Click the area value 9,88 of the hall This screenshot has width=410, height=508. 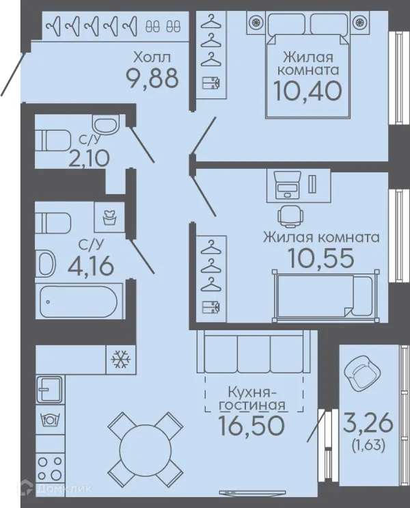[x=152, y=79]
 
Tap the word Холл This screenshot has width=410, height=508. [x=152, y=57]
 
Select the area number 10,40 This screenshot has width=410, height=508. [x=307, y=91]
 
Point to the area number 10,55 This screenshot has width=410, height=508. [x=320, y=258]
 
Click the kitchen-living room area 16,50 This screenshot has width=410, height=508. [x=251, y=425]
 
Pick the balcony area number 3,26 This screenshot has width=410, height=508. [x=368, y=423]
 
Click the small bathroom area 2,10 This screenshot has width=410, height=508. [x=89, y=158]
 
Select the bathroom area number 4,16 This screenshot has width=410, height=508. [x=91, y=266]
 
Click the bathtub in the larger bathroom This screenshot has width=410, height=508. [x=79, y=302]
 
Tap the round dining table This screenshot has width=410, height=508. [x=145, y=448]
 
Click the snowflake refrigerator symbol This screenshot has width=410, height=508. [x=121, y=359]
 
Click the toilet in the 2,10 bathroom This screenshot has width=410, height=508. [x=53, y=141]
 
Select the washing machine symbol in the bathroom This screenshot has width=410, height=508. [x=109, y=217]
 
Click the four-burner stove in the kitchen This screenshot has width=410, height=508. [x=50, y=467]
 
